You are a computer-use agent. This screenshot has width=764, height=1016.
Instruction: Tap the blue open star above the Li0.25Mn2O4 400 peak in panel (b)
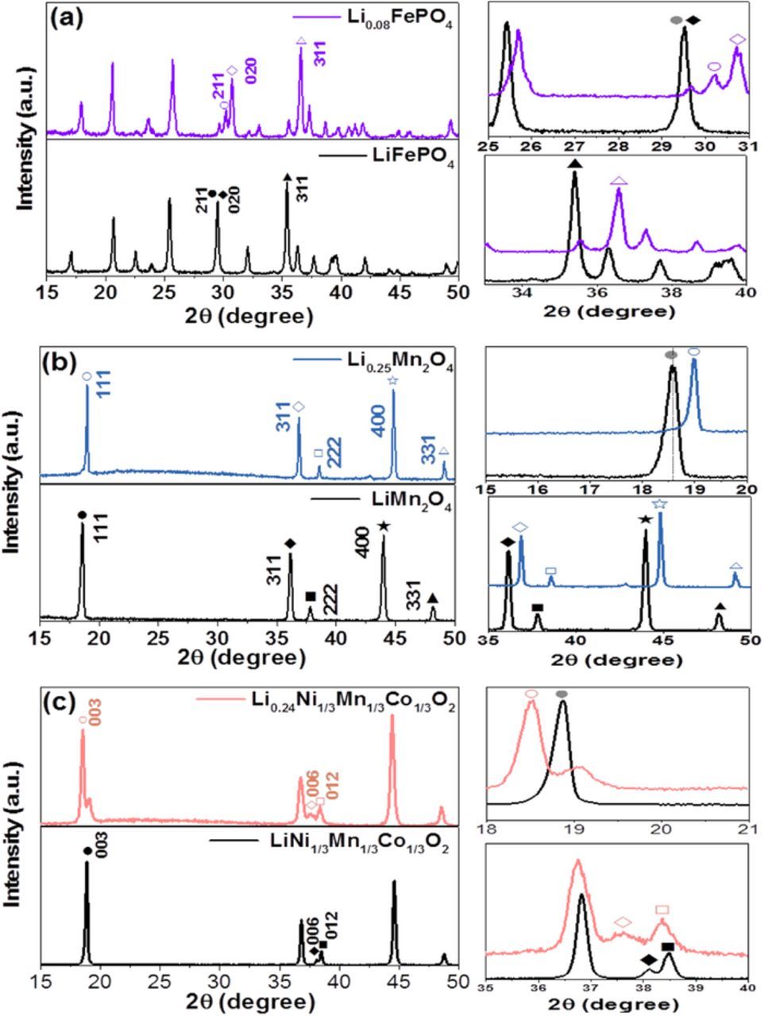point(392,382)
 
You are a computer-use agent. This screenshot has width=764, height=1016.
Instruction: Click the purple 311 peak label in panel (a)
point(320,55)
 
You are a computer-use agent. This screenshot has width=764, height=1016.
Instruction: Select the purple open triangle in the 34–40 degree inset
point(619,181)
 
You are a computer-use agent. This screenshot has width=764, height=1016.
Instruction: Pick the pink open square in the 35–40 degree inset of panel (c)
point(662,910)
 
